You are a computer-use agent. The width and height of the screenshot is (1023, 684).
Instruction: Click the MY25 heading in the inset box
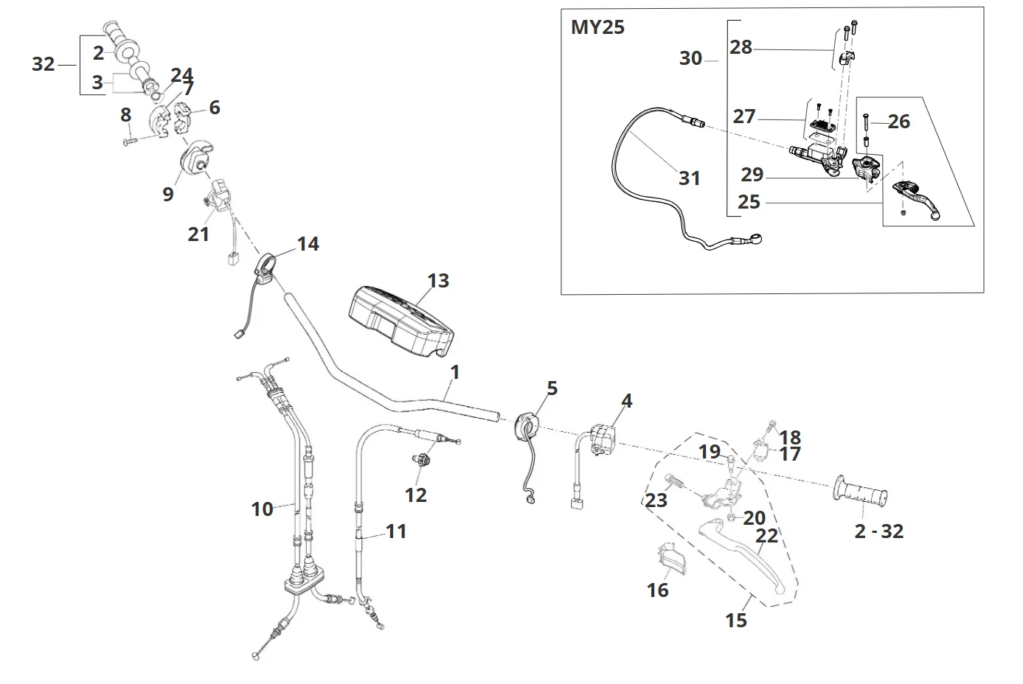pos(597,28)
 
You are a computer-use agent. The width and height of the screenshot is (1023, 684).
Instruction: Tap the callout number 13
pos(437,281)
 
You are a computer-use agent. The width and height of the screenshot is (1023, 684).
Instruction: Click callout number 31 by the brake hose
pos(689,178)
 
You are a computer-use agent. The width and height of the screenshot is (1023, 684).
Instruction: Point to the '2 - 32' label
pos(878,531)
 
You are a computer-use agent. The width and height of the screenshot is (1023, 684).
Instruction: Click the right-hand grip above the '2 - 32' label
pos(861,492)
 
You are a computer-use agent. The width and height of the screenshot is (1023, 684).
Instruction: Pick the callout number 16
pos(657,590)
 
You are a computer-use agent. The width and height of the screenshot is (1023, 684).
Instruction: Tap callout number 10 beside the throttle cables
pos(262,509)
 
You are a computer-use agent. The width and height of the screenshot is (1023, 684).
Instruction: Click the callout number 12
pos(416,495)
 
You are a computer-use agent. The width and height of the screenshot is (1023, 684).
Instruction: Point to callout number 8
pos(125,114)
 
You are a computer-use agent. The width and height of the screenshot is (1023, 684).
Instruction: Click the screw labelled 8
pos(131,139)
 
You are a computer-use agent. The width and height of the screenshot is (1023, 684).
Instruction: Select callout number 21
pos(198,234)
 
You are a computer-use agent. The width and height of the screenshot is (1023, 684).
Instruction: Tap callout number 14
pos(308,243)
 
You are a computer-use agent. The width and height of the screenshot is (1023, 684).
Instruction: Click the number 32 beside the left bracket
pos(44,64)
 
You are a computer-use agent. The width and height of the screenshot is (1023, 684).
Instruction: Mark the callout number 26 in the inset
pos(898,121)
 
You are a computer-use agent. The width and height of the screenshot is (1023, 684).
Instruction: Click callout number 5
pos(552,388)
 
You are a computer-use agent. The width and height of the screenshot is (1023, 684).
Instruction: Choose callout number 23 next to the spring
pos(656,500)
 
